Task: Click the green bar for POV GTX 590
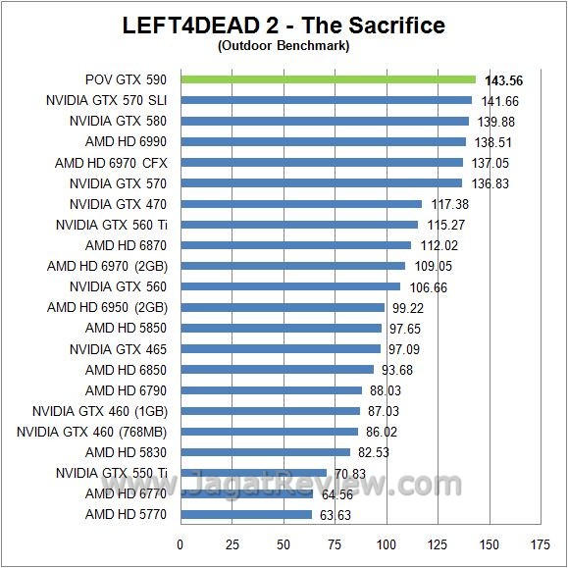[x=327, y=79]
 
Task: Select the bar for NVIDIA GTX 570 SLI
[x=325, y=100]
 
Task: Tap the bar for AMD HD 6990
[x=322, y=141]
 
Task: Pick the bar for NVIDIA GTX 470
[x=300, y=204]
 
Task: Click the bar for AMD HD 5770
[x=244, y=514]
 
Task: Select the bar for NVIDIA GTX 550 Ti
[x=252, y=473]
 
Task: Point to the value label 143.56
[x=503, y=80]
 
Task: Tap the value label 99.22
[x=411, y=307]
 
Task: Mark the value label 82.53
[x=377, y=452]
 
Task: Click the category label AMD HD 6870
[x=126, y=245]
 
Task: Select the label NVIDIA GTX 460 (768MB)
[x=91, y=432]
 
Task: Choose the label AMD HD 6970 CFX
[x=111, y=163]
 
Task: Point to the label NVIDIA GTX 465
[x=118, y=349]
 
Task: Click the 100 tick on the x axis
[x=387, y=542]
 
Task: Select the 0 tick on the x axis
[x=180, y=542]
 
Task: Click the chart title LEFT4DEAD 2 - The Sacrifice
[x=284, y=25]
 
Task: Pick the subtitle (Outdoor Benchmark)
[x=284, y=44]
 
